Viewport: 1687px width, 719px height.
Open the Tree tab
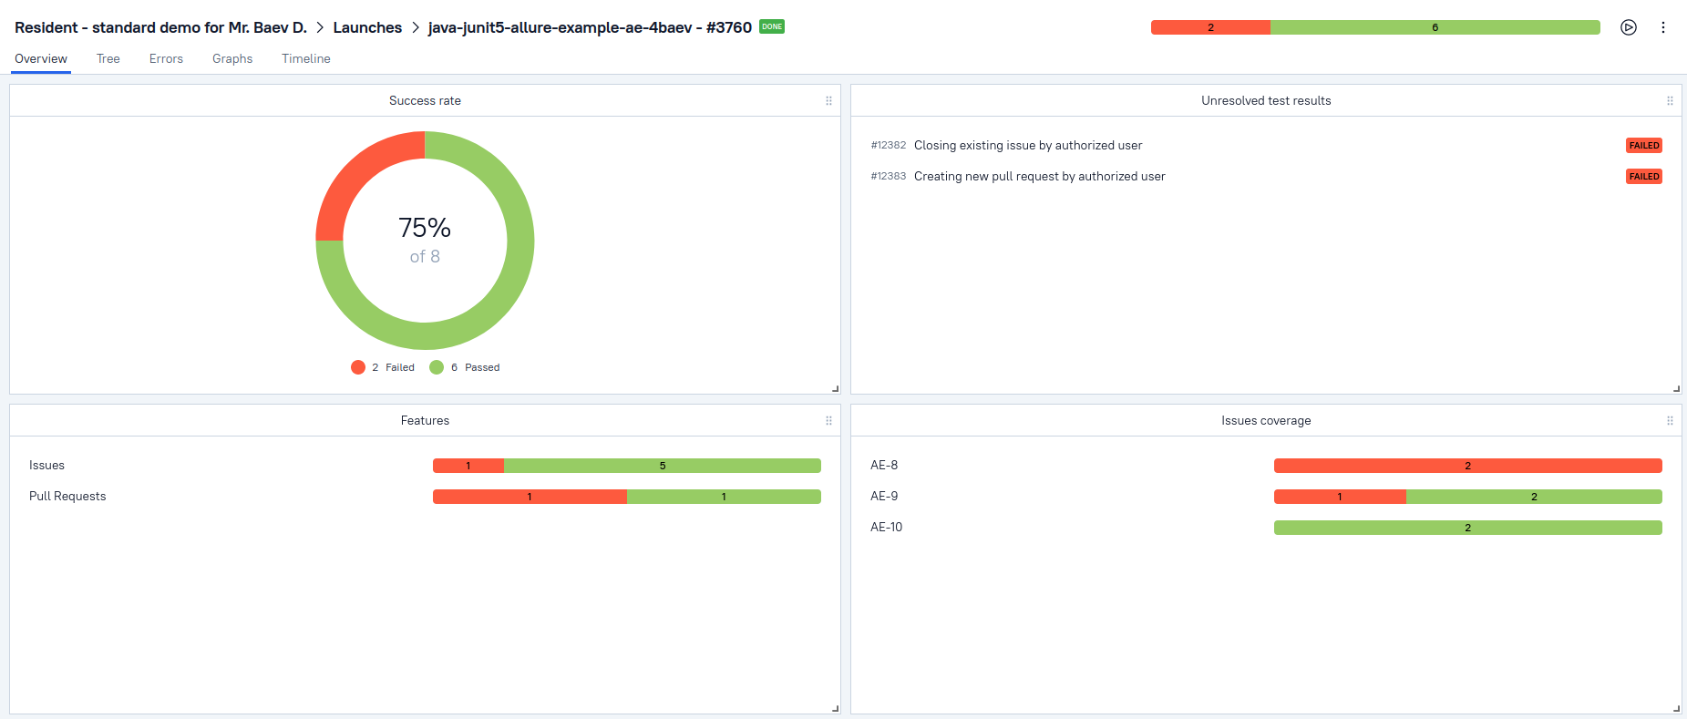click(108, 59)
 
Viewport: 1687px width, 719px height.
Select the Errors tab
click(166, 59)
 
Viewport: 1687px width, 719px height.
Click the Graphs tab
click(232, 59)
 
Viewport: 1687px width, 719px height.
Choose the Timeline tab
click(305, 59)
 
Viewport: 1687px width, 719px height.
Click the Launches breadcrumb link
click(367, 27)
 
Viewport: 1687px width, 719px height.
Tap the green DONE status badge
click(772, 26)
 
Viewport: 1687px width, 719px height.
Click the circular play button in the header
click(1629, 27)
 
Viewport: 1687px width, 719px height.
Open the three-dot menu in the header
click(1663, 27)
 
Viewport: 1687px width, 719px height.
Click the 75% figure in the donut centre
click(425, 227)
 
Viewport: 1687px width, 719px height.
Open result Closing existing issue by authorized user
click(1027, 146)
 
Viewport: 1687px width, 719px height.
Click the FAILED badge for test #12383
click(1643, 177)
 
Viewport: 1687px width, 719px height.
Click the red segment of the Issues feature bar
click(468, 466)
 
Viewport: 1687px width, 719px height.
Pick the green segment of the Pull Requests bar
click(724, 497)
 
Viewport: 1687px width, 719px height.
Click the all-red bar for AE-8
click(1467, 466)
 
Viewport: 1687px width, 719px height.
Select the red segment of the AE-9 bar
click(1339, 497)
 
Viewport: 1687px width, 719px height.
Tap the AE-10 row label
click(886, 528)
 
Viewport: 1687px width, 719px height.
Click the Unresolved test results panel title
click(1265, 101)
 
